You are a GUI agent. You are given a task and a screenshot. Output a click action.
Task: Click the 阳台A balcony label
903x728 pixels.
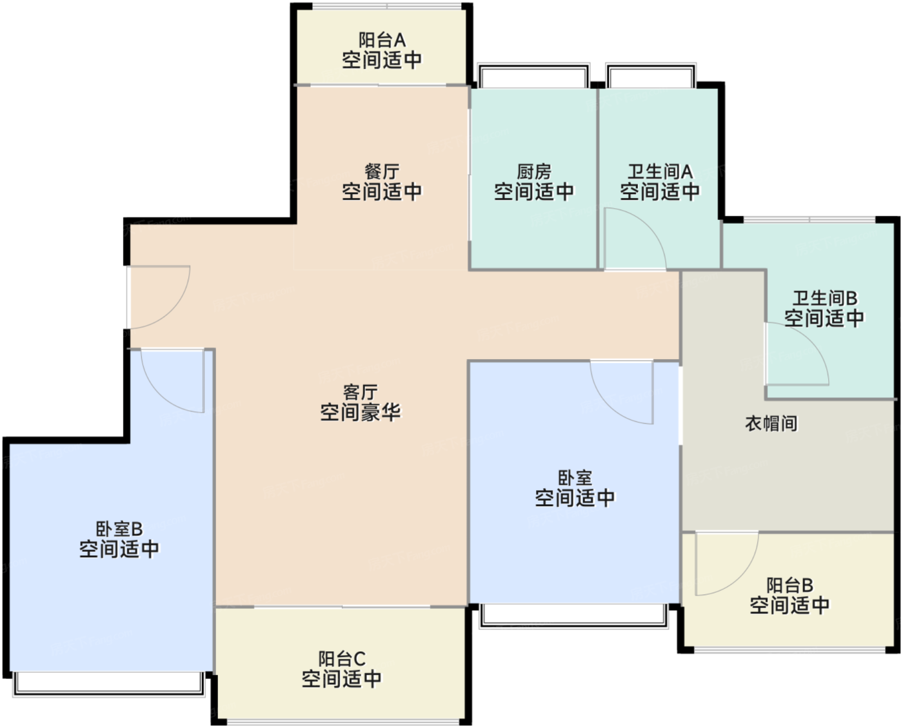coord(382,40)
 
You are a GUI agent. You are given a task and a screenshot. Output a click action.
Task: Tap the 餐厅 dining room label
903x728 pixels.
coord(382,172)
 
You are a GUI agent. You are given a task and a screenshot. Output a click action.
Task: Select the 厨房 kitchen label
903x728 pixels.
coord(534,172)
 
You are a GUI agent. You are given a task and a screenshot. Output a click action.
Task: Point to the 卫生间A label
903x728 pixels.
coord(660,172)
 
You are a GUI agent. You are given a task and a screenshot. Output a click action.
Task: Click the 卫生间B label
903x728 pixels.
coord(824,298)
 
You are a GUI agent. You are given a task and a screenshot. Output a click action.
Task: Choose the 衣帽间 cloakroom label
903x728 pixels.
coord(771,424)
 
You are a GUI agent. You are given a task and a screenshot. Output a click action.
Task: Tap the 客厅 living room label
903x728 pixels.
coord(360,392)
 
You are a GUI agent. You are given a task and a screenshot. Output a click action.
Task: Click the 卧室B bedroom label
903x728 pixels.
coord(119,529)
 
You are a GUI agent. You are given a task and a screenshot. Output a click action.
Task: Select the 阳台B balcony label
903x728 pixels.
coord(789,585)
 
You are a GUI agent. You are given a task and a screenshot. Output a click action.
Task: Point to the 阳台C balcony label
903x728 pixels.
coord(342,659)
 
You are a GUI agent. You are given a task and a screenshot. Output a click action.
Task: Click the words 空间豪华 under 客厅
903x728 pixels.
coord(360,412)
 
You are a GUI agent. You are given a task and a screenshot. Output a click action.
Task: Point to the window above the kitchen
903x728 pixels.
coord(533,75)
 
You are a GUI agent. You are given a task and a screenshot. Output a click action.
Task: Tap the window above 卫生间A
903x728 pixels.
coord(651,75)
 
